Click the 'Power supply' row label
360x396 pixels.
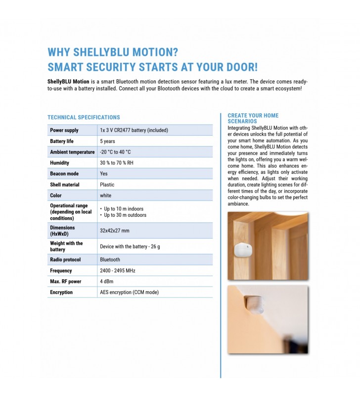pos(64,130)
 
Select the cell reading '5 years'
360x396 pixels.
pos(108,141)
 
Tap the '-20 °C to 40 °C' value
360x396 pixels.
pos(115,152)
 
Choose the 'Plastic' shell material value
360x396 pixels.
pos(107,185)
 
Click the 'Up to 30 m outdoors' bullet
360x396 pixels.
pos(125,215)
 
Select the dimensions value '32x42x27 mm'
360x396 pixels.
pos(114,231)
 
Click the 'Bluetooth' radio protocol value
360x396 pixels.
pos(110,259)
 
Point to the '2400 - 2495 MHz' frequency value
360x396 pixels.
pos(117,271)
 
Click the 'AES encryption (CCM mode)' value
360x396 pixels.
pos(129,293)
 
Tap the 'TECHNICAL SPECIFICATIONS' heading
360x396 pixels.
pos(84,117)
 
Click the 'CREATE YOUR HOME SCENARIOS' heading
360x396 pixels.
pos(253,118)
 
